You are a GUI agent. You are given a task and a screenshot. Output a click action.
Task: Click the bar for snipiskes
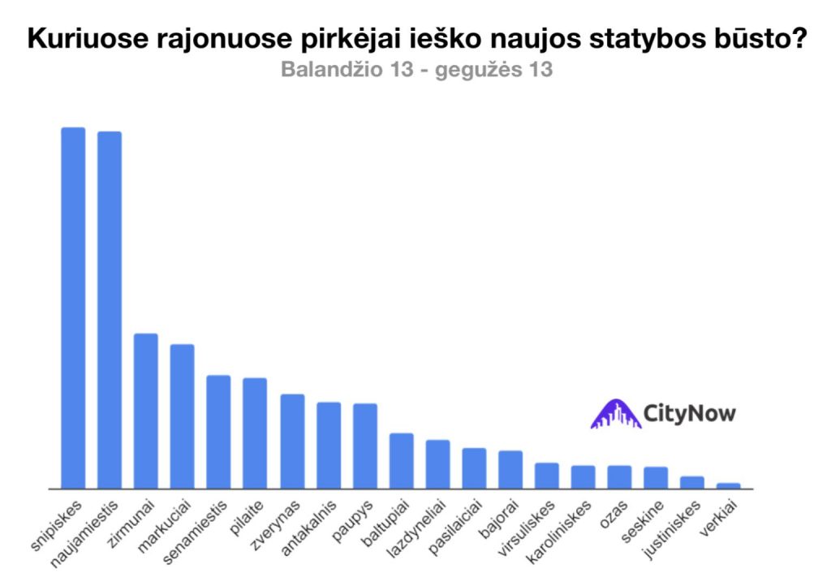click(73, 308)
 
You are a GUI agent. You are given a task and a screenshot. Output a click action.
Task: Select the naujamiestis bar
click(110, 310)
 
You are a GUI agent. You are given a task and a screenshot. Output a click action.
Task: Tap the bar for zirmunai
click(146, 411)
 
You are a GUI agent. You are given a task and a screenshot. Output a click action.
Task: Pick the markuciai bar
click(182, 416)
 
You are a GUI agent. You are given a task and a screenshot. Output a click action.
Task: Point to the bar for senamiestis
click(218, 432)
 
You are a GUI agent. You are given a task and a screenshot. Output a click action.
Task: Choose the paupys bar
click(365, 446)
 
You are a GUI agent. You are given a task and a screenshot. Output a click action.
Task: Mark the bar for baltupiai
click(402, 461)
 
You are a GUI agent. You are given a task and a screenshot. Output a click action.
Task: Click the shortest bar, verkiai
click(729, 485)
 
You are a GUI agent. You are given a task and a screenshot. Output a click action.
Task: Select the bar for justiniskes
click(692, 482)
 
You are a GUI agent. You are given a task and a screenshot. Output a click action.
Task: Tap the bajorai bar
click(510, 469)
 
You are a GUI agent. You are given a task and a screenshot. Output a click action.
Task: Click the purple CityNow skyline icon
click(615, 414)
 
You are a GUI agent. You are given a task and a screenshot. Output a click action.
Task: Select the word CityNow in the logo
click(689, 413)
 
